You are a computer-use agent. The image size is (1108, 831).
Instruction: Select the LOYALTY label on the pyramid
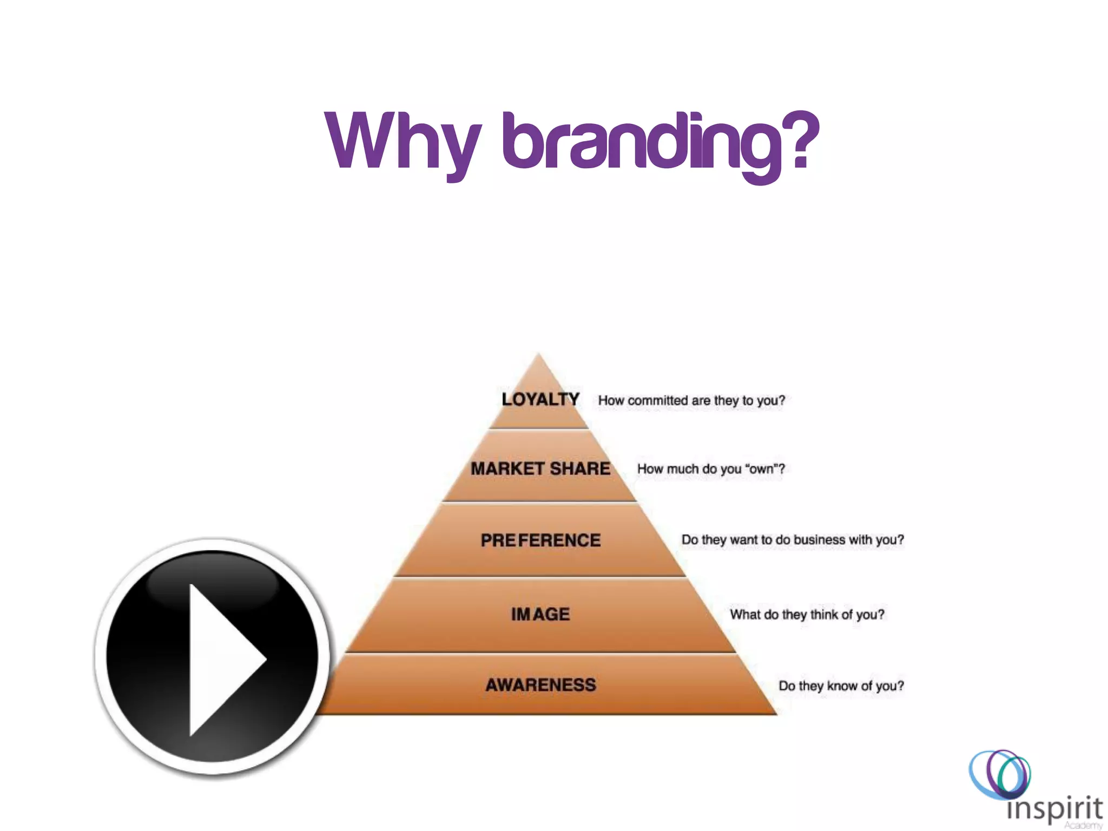[540, 400]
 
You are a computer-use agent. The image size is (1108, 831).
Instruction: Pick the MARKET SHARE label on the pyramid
[540, 469]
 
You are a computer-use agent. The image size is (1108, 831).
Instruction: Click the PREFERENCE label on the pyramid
[540, 540]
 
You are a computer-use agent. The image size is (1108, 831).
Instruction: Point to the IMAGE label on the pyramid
[540, 614]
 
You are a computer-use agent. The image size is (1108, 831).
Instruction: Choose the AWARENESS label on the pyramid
[540, 685]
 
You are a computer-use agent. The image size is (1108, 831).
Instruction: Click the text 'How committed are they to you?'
[691, 401]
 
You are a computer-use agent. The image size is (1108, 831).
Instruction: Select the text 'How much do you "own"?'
[711, 469]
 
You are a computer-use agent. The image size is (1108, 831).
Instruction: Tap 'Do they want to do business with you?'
[793, 540]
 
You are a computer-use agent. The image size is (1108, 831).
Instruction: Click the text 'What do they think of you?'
[807, 615]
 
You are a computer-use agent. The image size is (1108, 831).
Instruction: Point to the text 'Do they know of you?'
[841, 686]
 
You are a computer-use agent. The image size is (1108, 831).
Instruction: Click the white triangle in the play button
[222, 660]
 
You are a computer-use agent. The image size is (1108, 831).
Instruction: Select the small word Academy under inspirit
[1083, 826]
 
